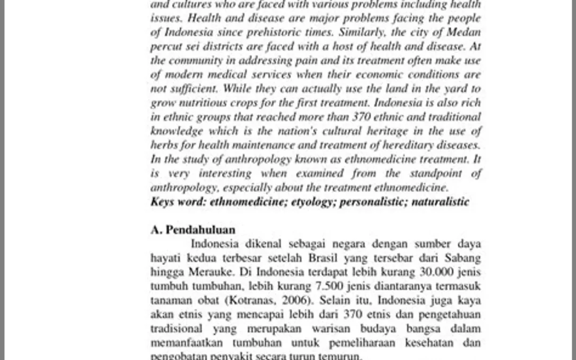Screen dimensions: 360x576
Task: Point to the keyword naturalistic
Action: [440, 202]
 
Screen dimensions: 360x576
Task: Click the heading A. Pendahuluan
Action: [193, 230]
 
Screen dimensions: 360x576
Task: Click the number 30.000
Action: [437, 272]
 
